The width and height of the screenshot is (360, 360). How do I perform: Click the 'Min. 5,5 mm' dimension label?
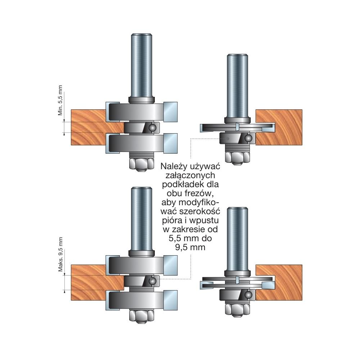click(x=60, y=100)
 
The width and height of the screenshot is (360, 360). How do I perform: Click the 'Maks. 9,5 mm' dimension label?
click(x=60, y=255)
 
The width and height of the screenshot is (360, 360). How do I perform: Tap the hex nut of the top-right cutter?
click(x=237, y=157)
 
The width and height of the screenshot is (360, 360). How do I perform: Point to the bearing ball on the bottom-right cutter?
click(x=248, y=294)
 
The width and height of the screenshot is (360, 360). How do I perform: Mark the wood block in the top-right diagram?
click(x=279, y=127)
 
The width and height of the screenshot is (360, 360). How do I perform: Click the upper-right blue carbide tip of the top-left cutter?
click(x=170, y=112)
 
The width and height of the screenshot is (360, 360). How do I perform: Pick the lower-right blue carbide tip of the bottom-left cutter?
click(x=170, y=301)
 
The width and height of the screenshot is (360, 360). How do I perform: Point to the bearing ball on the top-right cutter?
click(x=248, y=138)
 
